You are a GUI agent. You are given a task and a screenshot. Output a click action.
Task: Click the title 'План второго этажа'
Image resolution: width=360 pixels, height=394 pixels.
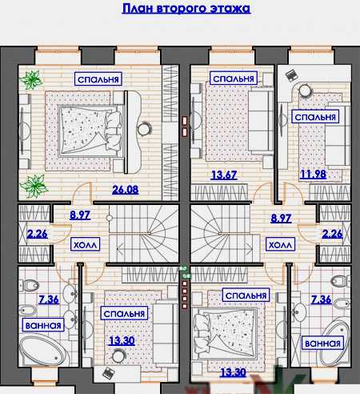pyautogui.click(x=186, y=8)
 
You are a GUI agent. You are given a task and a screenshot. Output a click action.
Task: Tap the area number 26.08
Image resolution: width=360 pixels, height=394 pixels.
pyautogui.click(x=126, y=190)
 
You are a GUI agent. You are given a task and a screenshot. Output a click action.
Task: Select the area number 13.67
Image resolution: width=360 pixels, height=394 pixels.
pyautogui.click(x=224, y=175)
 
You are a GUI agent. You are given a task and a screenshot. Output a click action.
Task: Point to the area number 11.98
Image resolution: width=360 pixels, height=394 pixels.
pyautogui.click(x=313, y=175)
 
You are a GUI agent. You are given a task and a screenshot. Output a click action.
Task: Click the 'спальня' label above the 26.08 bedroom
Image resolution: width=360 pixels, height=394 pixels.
pyautogui.click(x=98, y=79)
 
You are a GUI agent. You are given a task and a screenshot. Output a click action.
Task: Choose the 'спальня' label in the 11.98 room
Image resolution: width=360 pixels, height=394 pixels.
pyautogui.click(x=315, y=117)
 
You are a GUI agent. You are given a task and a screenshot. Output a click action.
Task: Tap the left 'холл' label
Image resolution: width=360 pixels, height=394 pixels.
pyautogui.click(x=85, y=244)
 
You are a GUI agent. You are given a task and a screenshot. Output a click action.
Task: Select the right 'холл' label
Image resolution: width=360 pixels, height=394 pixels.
pyautogui.click(x=280, y=244)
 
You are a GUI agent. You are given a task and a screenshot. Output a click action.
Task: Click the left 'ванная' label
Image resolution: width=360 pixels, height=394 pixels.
pyautogui.click(x=43, y=325)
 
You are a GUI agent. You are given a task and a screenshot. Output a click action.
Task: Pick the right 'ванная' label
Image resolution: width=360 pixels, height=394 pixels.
pyautogui.click(x=322, y=343)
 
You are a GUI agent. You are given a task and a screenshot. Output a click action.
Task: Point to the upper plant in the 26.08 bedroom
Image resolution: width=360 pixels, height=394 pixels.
pyautogui.click(x=32, y=79)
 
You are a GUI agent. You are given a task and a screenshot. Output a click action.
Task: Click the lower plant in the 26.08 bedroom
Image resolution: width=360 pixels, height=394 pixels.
pyautogui.click(x=34, y=186)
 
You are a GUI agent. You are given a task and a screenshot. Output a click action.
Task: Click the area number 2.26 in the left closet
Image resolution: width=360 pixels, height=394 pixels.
pyautogui.click(x=37, y=234)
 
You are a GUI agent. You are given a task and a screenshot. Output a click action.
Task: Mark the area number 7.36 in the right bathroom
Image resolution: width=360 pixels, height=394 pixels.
pyautogui.click(x=321, y=300)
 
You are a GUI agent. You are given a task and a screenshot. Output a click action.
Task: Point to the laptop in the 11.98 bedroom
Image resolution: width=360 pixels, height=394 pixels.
pyautogui.click(x=292, y=74)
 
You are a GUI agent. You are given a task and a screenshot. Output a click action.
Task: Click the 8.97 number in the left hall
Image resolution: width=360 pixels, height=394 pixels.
pyautogui.click(x=80, y=215)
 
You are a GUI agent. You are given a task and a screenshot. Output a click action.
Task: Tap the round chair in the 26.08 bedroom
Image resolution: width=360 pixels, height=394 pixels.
pyautogui.click(x=144, y=129)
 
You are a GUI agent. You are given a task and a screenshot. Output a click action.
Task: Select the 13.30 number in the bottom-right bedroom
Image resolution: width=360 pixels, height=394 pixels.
pyautogui.click(x=233, y=372)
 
